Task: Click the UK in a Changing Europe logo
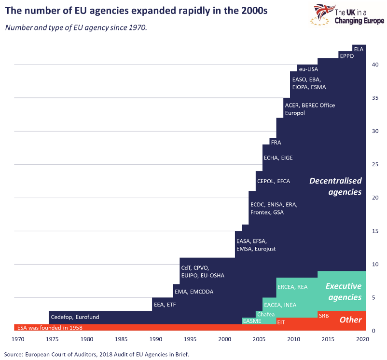point(348,14)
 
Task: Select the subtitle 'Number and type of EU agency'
point(76,27)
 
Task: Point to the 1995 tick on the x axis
point(190,339)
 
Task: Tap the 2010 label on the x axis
point(293,339)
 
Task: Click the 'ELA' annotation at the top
point(359,49)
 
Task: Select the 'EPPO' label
point(347,56)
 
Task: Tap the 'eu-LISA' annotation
point(308,69)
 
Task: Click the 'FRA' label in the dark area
point(276,143)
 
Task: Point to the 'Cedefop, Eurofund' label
point(75,317)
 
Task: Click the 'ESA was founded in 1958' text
point(50,328)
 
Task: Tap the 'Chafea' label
point(266,314)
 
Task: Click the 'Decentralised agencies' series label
point(335,187)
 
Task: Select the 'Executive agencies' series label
point(343,292)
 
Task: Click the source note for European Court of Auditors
point(97,354)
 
